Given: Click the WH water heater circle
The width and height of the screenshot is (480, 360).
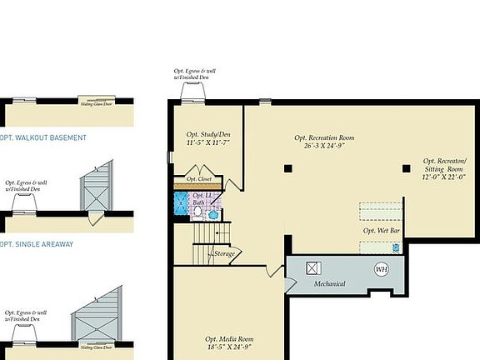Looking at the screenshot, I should (x=381, y=269).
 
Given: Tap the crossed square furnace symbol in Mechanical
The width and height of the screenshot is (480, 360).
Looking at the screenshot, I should (x=314, y=268).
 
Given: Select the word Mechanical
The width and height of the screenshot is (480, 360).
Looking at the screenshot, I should (x=329, y=284).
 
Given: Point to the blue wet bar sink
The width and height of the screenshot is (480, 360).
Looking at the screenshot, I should (x=396, y=247).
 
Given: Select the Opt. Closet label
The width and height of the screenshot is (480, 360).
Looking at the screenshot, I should (x=198, y=179).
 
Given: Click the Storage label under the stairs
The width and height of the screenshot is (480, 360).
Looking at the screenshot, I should (x=224, y=253).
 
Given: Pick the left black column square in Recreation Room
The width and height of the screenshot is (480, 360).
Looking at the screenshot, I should (x=287, y=168).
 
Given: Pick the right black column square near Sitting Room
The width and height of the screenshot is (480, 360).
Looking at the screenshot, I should (x=406, y=168).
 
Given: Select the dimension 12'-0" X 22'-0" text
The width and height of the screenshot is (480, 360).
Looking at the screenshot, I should (x=444, y=176).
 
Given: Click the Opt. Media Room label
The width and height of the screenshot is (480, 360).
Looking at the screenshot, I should (x=228, y=339).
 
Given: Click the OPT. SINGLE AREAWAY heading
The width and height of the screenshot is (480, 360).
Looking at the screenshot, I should (x=37, y=244).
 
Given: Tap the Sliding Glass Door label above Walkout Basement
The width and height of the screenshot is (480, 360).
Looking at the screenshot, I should (x=97, y=105).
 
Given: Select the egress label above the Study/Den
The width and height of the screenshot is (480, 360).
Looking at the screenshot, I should (x=193, y=75).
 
